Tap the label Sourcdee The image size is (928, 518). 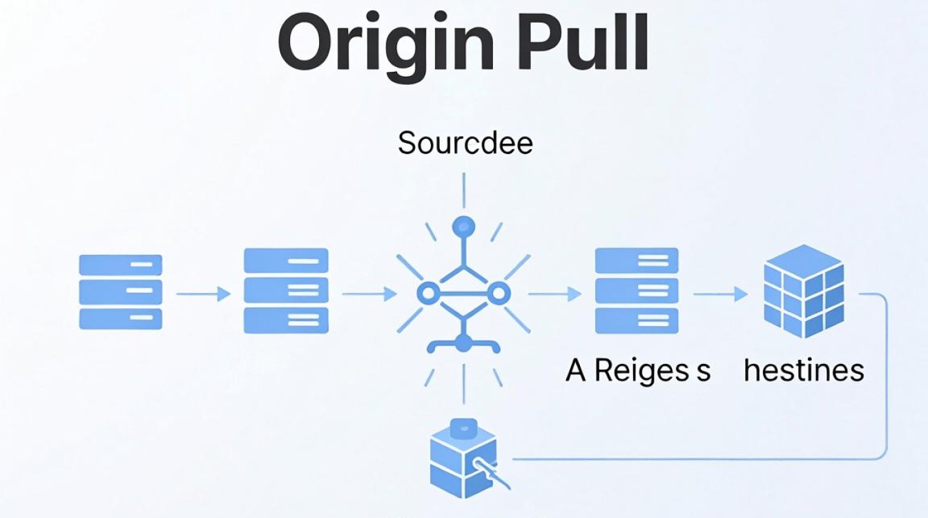tap(465, 143)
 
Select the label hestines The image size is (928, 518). tap(804, 370)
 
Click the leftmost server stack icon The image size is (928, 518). tap(121, 292)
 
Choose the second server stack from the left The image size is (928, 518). tap(287, 291)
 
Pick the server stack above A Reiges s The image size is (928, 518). tap(637, 291)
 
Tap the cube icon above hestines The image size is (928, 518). tap(804, 291)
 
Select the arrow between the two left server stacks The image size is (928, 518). tap(204, 294)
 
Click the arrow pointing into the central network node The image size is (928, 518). tap(369, 294)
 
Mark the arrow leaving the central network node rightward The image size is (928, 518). tap(554, 294)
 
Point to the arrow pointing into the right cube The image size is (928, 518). tap(720, 294)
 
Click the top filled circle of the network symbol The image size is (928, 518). tap(463, 227)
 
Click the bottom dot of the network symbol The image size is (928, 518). tap(463, 343)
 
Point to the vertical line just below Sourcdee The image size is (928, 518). tap(463, 190)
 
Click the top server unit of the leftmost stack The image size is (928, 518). tap(121, 265)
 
